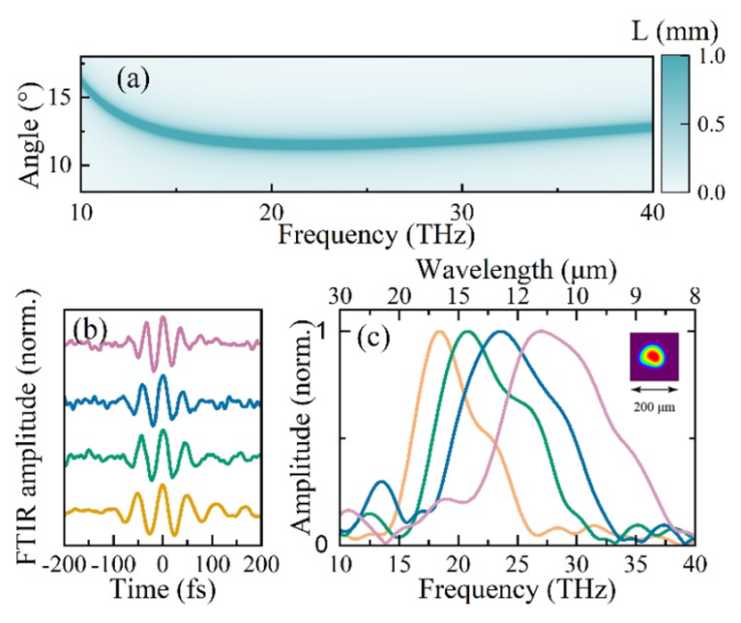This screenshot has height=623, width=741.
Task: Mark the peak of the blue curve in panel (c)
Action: point(500,332)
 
